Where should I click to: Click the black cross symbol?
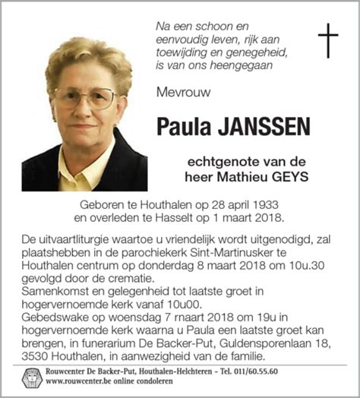tap(327, 41)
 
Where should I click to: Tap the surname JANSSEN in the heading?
tap(264, 127)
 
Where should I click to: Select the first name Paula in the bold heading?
tap(184, 127)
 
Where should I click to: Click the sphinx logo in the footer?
tap(28, 377)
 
